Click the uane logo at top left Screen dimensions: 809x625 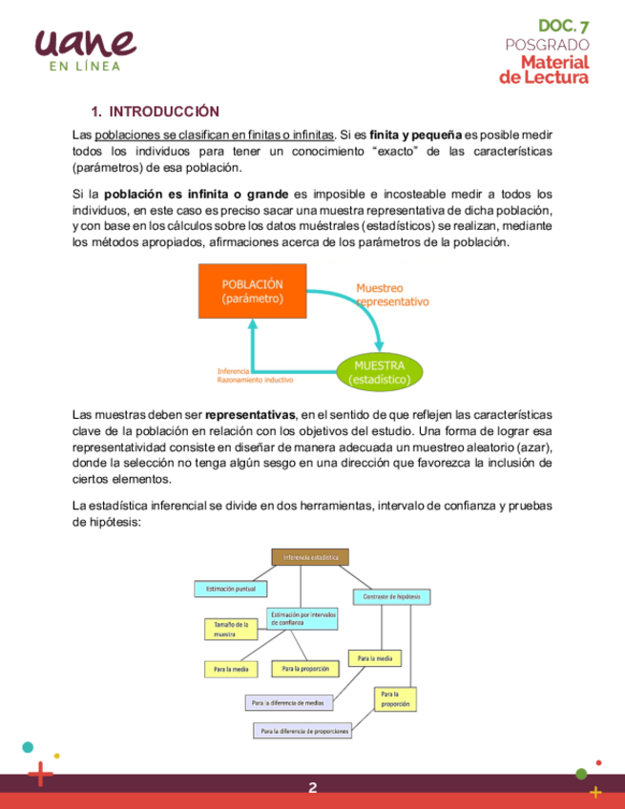[84, 44]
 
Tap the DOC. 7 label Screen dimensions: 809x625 [564, 26]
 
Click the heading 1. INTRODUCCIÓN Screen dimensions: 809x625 [155, 112]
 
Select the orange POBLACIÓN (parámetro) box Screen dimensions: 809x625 [253, 291]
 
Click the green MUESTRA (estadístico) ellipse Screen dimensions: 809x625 [380, 372]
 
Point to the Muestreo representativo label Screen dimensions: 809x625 [392, 294]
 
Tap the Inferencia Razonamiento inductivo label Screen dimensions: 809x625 [255, 375]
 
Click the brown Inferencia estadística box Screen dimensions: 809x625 [311, 557]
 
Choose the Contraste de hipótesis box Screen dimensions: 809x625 [392, 597]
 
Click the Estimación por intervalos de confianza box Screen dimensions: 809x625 [302, 618]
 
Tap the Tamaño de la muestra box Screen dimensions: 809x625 [231, 630]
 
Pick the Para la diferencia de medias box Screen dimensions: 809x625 [289, 703]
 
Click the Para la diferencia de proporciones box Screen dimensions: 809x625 [303, 732]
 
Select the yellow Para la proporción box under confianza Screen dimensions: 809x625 [305, 670]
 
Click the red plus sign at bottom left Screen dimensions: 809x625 [40, 775]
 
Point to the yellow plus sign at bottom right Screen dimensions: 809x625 [596, 791]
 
